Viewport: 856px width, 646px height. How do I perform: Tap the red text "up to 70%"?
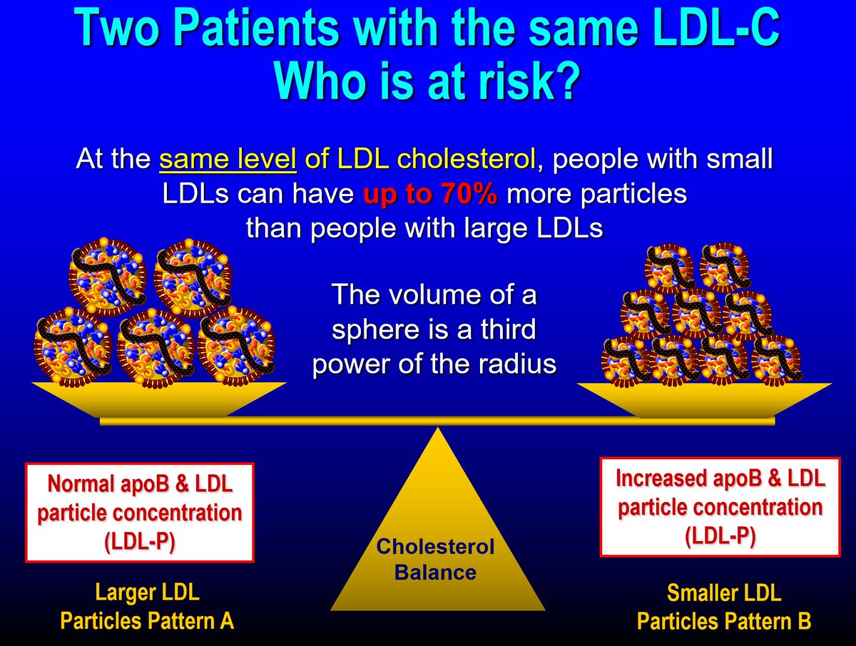click(430, 195)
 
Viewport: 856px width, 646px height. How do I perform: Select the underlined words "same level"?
click(228, 160)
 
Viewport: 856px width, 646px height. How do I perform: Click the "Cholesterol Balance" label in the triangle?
click(435, 559)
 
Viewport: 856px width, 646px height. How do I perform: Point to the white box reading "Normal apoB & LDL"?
click(140, 513)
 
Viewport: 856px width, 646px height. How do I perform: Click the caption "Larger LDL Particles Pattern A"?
click(147, 606)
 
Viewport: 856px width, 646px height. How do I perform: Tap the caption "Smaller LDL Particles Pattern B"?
click(723, 606)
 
